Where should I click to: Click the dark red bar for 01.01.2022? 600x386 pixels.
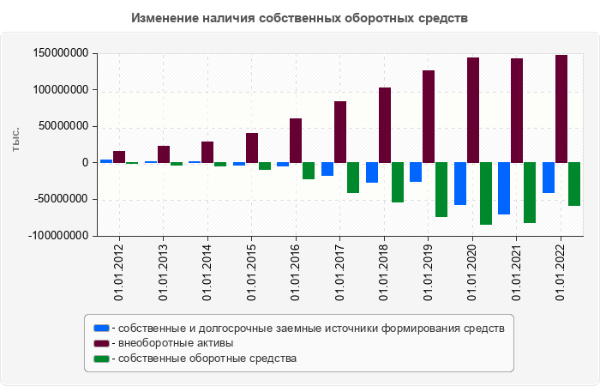coord(561,109)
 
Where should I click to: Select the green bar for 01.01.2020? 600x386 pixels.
coord(486,193)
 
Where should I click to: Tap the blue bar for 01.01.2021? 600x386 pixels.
coord(504,188)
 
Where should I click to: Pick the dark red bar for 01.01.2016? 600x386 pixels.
coord(296,141)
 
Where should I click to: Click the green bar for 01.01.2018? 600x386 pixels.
coord(398,182)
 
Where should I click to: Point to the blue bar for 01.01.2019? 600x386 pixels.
coord(416,172)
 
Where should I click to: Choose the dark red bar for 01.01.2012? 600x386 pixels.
coord(119,157)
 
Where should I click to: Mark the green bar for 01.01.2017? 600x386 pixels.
coord(353,178)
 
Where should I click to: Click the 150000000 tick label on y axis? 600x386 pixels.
coord(61,53)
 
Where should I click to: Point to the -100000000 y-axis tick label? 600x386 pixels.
coord(59,235)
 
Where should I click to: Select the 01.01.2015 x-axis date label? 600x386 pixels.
coord(251,272)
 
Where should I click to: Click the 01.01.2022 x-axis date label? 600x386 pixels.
coord(561,272)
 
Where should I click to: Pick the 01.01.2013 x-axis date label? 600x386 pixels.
coord(163,272)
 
